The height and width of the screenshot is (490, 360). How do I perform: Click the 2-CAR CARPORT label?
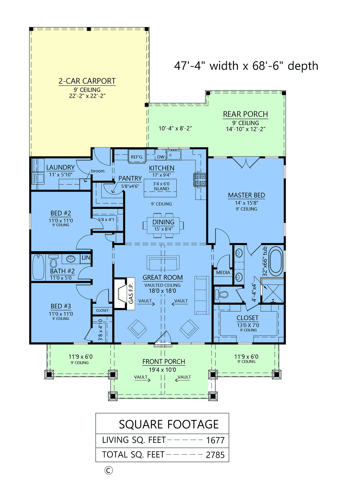pyautogui.click(x=87, y=81)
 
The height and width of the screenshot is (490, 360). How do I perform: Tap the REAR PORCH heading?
pyautogui.click(x=245, y=114)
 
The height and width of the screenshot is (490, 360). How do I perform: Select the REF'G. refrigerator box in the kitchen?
pyautogui.click(x=137, y=157)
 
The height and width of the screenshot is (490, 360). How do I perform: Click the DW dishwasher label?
pyautogui.click(x=161, y=157)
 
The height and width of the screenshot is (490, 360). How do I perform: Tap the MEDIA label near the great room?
pyautogui.click(x=223, y=273)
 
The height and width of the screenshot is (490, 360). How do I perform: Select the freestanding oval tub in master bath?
pyautogui.click(x=276, y=261)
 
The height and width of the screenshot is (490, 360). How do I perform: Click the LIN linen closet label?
pyautogui.click(x=86, y=258)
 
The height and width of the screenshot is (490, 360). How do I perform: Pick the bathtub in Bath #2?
pyautogui.click(x=38, y=267)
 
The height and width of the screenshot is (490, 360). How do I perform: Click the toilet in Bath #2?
pyautogui.click(x=53, y=261)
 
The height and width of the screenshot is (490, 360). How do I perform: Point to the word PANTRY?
pyautogui.click(x=130, y=178)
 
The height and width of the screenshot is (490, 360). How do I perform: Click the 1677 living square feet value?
pyautogui.click(x=215, y=440)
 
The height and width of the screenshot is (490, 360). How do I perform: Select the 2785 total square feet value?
pyautogui.click(x=215, y=455)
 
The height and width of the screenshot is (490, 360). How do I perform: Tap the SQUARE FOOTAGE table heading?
pyautogui.click(x=169, y=425)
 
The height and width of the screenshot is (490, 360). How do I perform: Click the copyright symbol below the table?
pyautogui.click(x=109, y=470)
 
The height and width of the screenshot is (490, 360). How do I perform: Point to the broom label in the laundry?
pyautogui.click(x=98, y=171)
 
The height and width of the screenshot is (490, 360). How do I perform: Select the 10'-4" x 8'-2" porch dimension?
pyautogui.click(x=175, y=129)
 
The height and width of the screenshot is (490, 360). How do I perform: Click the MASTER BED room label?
pyautogui.click(x=246, y=195)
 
